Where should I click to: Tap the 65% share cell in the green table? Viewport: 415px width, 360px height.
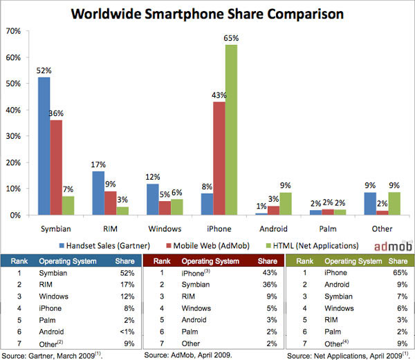click(x=398, y=274)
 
